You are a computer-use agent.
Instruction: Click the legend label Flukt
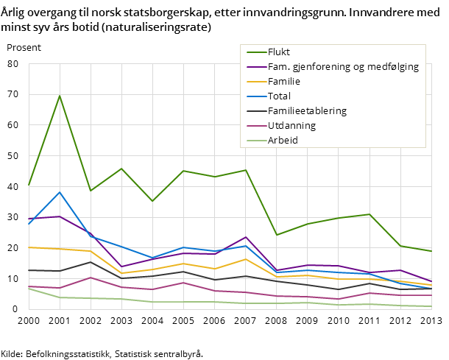tap(279, 52)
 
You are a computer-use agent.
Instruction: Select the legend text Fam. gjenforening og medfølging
tap(343, 66)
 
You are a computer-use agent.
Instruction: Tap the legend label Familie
tap(284, 81)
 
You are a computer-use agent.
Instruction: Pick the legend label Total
tap(279, 96)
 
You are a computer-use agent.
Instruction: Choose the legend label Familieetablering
tap(307, 110)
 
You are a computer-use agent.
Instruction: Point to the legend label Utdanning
tap(291, 125)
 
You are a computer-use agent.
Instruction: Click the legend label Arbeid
tap(283, 140)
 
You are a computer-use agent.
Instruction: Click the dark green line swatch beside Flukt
tap(255, 52)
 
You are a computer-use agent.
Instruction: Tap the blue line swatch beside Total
tap(255, 96)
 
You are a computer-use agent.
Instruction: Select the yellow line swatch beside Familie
tap(255, 82)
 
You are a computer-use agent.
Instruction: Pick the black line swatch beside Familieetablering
tap(255, 111)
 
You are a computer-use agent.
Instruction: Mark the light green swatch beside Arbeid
tap(255, 141)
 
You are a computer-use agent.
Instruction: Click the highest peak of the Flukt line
tap(60, 96)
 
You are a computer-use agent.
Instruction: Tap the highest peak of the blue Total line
tap(60, 192)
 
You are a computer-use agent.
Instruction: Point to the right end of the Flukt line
tap(431, 251)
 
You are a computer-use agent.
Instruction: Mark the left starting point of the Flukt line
tap(29, 186)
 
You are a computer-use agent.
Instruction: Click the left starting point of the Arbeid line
tap(29, 289)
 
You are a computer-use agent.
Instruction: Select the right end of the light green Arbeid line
tap(431, 306)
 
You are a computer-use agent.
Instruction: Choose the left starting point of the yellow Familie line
tap(29, 247)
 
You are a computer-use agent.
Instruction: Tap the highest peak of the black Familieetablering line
tap(91, 262)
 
